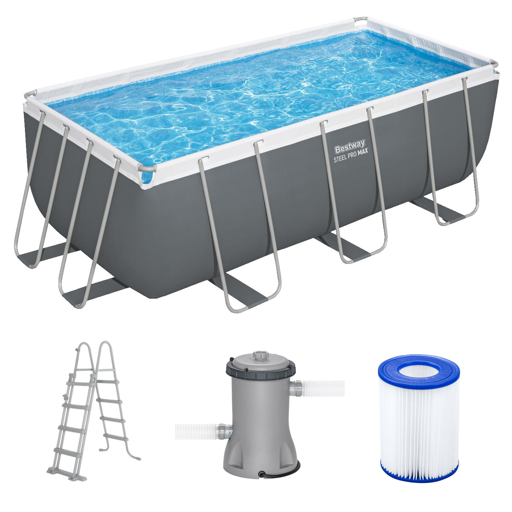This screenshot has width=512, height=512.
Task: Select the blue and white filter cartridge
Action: pyautogui.click(x=419, y=418)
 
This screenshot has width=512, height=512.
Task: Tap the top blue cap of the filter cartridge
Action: pyautogui.click(x=419, y=370)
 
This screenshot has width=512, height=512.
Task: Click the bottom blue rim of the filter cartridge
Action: pyautogui.click(x=419, y=474)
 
